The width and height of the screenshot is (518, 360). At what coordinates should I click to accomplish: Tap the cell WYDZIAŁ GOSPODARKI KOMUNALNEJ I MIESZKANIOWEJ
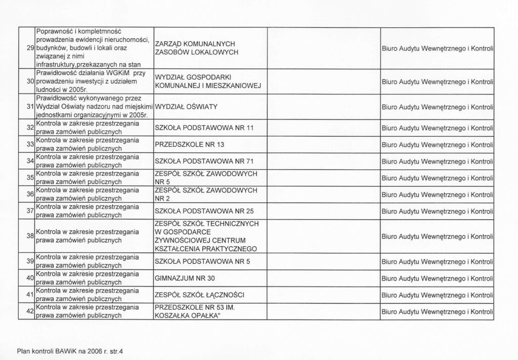(x=207, y=81)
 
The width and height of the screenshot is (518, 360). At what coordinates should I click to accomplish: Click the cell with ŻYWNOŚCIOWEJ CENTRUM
(x=207, y=235)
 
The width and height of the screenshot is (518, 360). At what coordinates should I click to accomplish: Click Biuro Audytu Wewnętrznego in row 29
(x=437, y=48)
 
